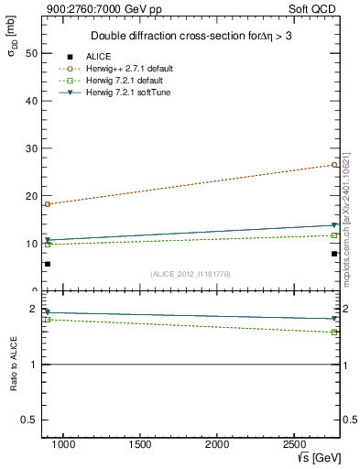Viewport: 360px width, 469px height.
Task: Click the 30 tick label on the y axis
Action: click(29, 148)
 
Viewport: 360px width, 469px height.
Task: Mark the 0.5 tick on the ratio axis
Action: click(28, 420)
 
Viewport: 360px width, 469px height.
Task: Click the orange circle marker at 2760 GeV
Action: click(335, 165)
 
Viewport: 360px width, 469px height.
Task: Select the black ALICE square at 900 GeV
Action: click(48, 264)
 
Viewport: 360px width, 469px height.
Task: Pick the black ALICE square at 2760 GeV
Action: click(335, 254)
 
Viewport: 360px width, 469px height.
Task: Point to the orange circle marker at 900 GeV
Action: click(48, 204)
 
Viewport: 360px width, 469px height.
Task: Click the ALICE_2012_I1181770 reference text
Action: click(191, 274)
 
